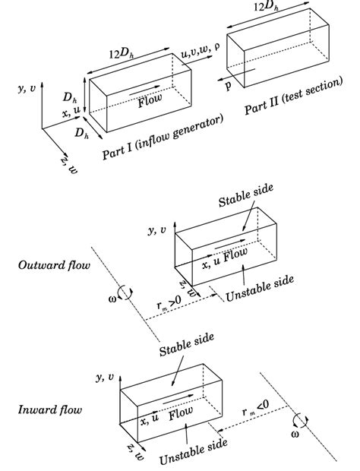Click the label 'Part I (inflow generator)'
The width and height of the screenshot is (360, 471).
[x=163, y=138]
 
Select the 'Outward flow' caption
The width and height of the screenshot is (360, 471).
[x=54, y=265]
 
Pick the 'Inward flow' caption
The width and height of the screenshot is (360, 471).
[x=50, y=409]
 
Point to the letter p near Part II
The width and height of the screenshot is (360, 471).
[x=228, y=86]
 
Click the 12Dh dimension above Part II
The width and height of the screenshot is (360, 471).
[x=266, y=6]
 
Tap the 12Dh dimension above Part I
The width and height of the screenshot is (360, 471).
[x=122, y=53]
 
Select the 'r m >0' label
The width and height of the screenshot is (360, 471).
[x=169, y=303]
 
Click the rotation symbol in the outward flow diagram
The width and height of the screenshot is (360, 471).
[x=125, y=293]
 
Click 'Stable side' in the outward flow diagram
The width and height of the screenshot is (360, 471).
[x=246, y=195]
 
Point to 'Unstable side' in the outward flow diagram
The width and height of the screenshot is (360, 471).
[x=260, y=288]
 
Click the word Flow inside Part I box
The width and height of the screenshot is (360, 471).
[x=150, y=100]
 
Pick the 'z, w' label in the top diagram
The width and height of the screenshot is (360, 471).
[x=69, y=165]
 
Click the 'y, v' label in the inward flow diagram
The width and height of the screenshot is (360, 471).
[x=105, y=377]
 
